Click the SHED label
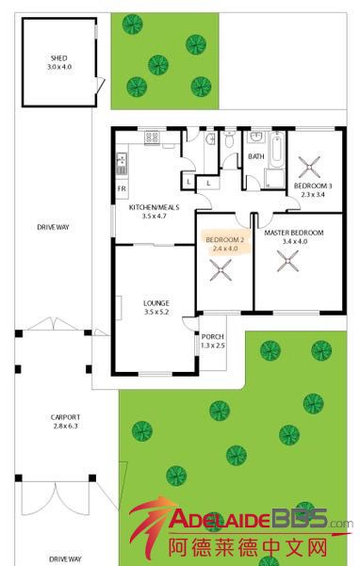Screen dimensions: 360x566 coord(58,58)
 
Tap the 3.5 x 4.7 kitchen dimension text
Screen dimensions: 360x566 coord(155,217)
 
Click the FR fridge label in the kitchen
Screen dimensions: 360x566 coord(123,188)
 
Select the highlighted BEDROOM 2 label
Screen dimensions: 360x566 coord(225,240)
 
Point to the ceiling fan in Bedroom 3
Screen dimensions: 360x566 coord(309,167)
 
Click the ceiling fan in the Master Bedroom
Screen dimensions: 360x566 coord(287,261)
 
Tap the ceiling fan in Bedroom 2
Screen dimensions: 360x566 coord(221,269)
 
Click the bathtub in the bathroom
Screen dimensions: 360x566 coord(277,150)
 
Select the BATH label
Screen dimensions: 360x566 coord(256,156)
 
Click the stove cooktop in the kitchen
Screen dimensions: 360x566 coord(152,137)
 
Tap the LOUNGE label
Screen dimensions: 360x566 coord(156,303)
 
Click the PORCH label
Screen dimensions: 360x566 coord(213,336)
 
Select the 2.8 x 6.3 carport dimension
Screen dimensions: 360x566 coord(65,426)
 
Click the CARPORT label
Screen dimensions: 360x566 coord(65,417)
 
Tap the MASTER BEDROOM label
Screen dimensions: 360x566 coord(294,233)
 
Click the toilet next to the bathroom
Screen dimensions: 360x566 coord(229,139)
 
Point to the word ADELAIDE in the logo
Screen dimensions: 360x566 coord(221,519)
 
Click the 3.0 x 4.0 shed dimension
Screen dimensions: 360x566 coord(59,67)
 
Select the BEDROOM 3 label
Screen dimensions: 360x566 coord(313,186)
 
